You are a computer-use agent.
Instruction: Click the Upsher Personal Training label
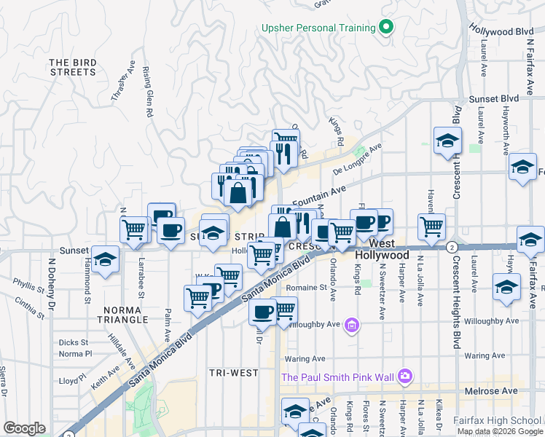[319, 28]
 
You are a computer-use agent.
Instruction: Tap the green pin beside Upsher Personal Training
[387, 28]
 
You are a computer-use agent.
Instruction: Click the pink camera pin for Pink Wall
[405, 377]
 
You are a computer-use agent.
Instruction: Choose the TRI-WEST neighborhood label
[233, 373]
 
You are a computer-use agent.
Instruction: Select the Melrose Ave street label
[490, 391]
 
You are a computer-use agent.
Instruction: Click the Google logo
[24, 428]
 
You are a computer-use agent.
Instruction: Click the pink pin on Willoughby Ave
[352, 324]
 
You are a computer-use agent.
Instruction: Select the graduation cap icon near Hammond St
[105, 260]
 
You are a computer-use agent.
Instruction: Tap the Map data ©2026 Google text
[500, 431]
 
